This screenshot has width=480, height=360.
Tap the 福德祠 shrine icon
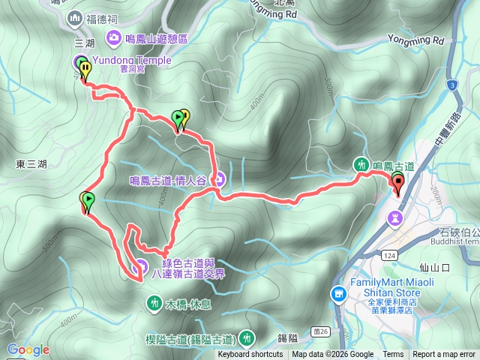[x=73, y=17]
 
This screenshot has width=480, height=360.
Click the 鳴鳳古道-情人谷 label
[x=169, y=180]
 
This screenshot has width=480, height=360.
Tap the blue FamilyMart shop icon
[x=338, y=293]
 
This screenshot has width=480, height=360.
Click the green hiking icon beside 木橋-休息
[x=154, y=303]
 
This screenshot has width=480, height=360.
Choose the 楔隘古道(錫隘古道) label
[x=188, y=338]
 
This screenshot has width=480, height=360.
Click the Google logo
[x=28, y=349]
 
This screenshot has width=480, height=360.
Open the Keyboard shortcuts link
[x=250, y=355]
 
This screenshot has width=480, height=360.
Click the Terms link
[x=393, y=355]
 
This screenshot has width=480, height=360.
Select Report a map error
[x=444, y=355]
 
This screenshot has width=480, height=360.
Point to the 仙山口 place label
[x=434, y=267]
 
